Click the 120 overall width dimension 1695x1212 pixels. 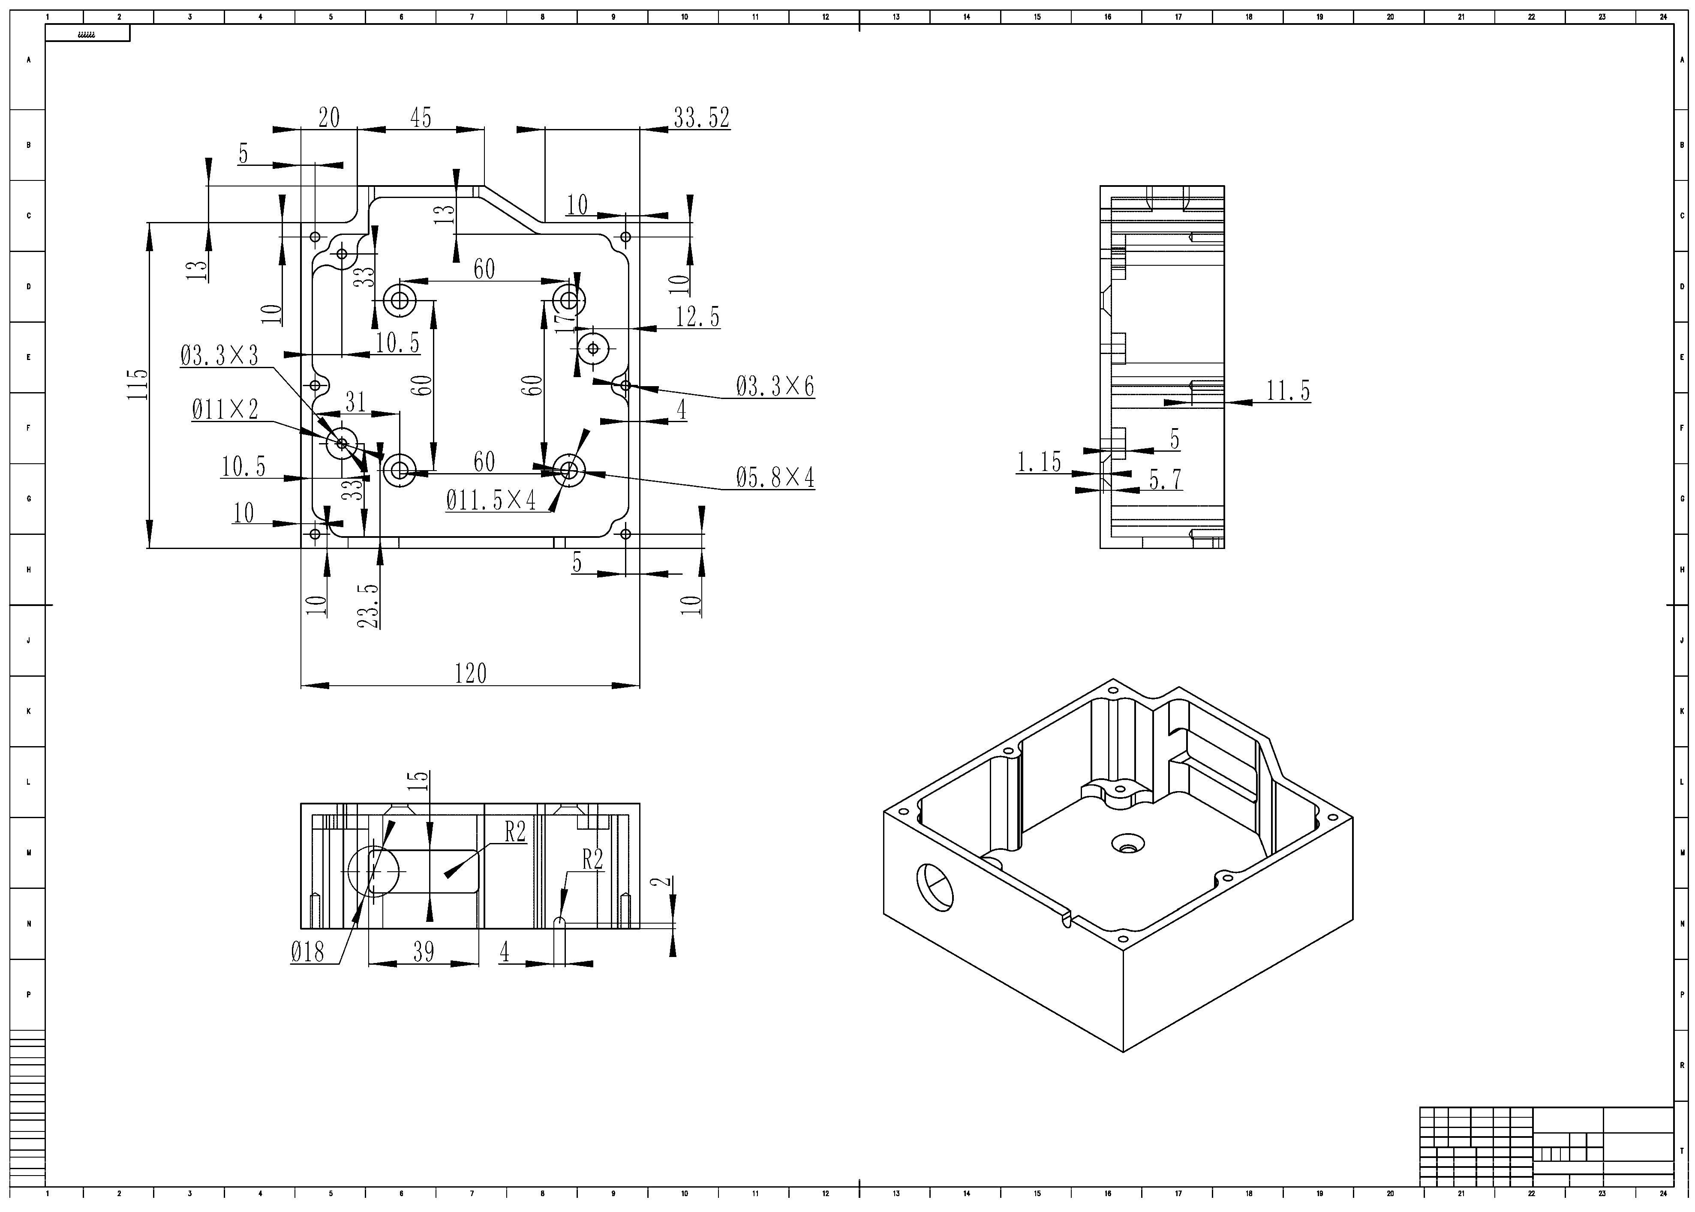tap(470, 673)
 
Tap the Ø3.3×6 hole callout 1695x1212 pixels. tap(775, 387)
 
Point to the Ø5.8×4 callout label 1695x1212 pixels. tap(775, 477)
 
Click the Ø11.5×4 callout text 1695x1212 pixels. tap(491, 501)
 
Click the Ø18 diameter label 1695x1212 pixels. tap(307, 952)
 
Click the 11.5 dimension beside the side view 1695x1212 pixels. tap(1288, 390)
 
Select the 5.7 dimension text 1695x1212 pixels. tap(1165, 480)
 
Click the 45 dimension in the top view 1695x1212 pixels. tap(420, 118)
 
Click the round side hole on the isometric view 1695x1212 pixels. tap(935, 887)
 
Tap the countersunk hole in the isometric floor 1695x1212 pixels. tap(1127, 845)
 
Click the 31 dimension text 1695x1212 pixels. tap(355, 402)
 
